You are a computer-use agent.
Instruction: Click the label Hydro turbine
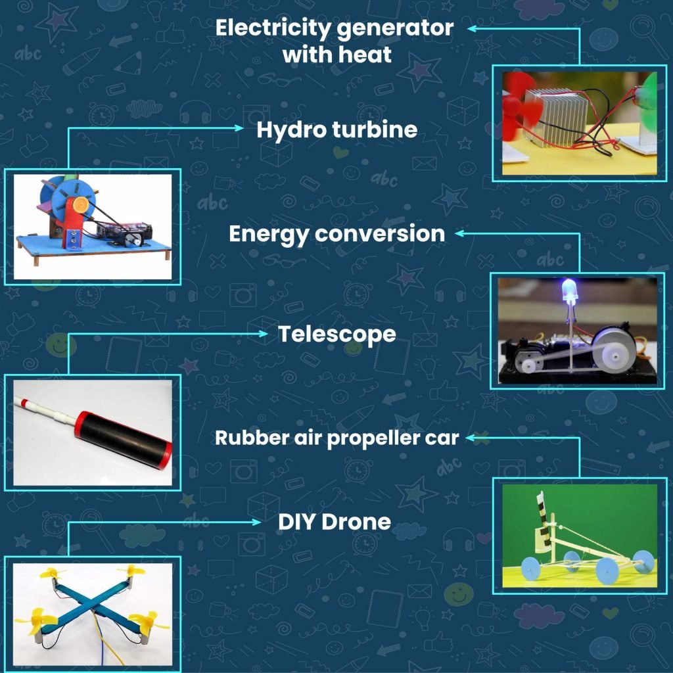[337, 130]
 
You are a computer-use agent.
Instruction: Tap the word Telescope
[337, 335]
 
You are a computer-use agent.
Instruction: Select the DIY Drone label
[335, 522]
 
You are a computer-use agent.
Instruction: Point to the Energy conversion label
[337, 235]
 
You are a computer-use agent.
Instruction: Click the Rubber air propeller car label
[337, 438]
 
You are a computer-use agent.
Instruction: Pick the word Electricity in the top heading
[273, 29]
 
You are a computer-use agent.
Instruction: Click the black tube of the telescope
[123, 440]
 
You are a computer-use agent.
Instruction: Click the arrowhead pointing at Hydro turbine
[239, 128]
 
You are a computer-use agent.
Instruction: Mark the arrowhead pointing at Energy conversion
[459, 233]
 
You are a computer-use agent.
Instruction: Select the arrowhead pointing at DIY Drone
[256, 522]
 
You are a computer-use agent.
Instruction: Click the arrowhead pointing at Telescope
[263, 333]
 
